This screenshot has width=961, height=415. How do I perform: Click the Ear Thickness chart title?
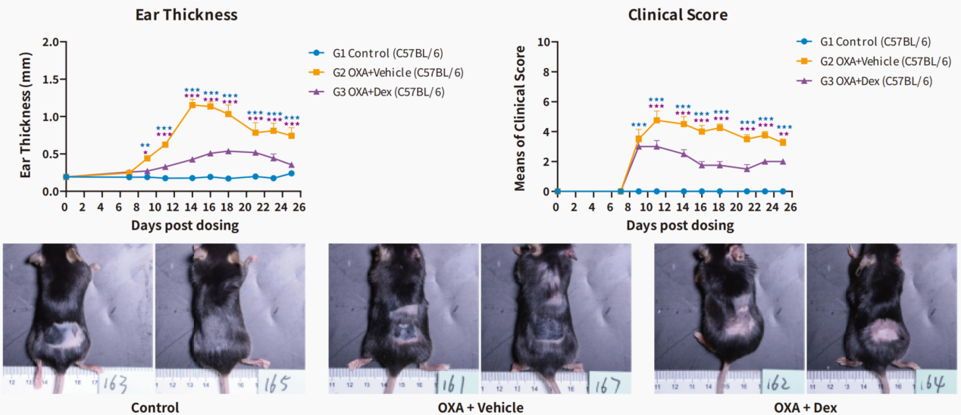pos(186,14)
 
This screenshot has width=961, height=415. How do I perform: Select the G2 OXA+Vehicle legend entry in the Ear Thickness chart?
pos(387,73)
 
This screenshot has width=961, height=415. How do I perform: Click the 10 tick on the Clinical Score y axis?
pos(543,42)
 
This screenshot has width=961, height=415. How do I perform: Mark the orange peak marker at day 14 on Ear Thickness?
pos(193,105)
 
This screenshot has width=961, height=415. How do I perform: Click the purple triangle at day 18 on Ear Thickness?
pos(228,151)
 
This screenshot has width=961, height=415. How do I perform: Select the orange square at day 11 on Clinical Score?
pos(657,120)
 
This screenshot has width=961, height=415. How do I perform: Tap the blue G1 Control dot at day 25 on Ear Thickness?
pos(291,173)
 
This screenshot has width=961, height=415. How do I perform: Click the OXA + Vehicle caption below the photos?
pos(480,407)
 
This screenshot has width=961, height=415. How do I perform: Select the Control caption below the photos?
pos(155,407)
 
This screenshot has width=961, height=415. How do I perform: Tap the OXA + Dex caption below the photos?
pos(806,407)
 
